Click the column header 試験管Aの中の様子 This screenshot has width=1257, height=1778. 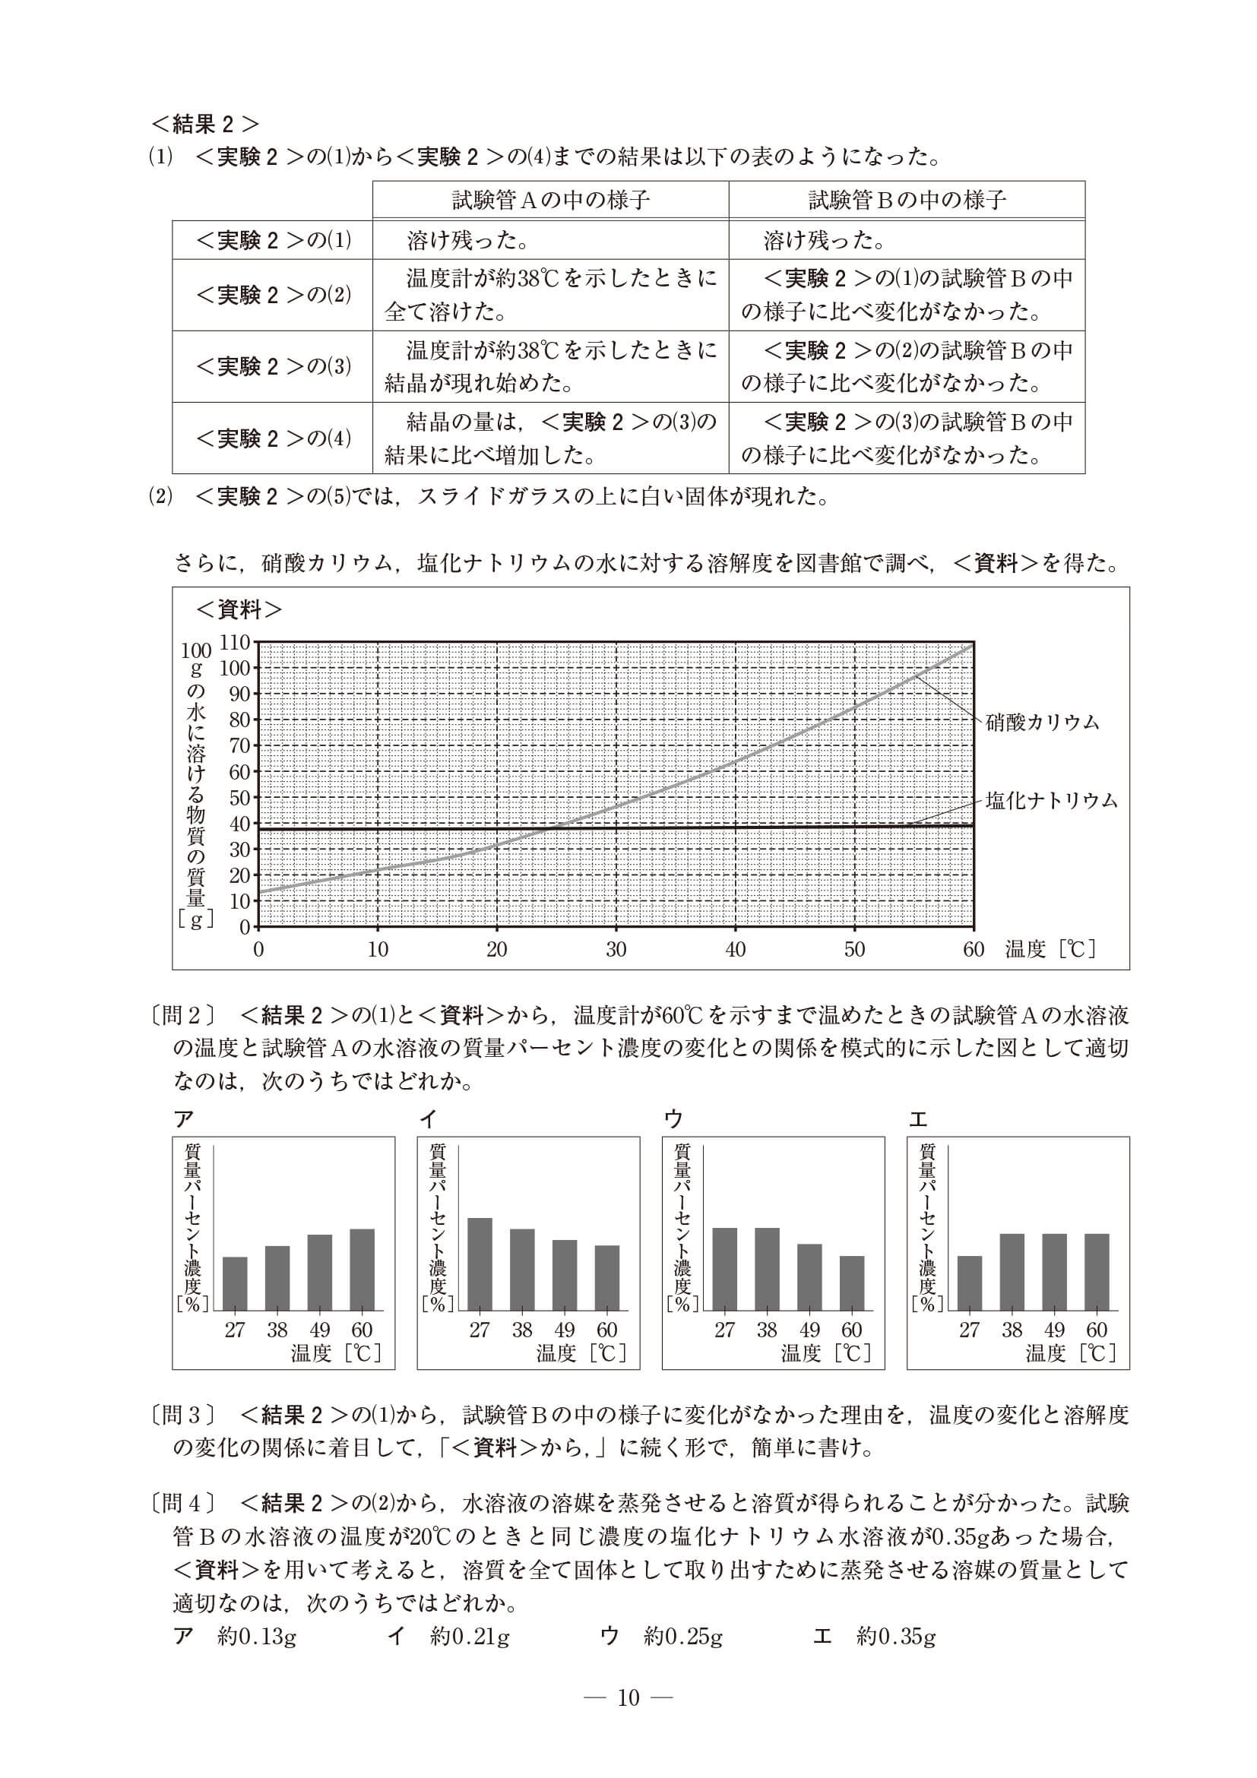click(551, 201)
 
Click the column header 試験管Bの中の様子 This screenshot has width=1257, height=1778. click(907, 201)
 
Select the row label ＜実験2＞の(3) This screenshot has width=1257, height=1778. click(274, 366)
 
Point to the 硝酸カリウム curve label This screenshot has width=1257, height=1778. click(1043, 723)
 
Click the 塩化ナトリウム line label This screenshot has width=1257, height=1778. click(1052, 801)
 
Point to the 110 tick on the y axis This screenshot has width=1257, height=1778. click(236, 642)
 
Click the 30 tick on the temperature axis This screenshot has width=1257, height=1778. click(616, 949)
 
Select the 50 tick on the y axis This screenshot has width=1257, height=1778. click(239, 798)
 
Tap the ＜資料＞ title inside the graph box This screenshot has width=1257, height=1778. click(239, 609)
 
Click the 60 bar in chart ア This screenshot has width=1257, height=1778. click(362, 1269)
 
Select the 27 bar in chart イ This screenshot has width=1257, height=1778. click(480, 1264)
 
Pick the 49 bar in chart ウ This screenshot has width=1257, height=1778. click(809, 1277)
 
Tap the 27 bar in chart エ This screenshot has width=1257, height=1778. click(969, 1283)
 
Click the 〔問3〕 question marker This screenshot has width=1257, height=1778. click(185, 1415)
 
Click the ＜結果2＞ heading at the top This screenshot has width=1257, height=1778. click(205, 124)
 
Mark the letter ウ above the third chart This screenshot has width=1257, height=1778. click(674, 1118)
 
